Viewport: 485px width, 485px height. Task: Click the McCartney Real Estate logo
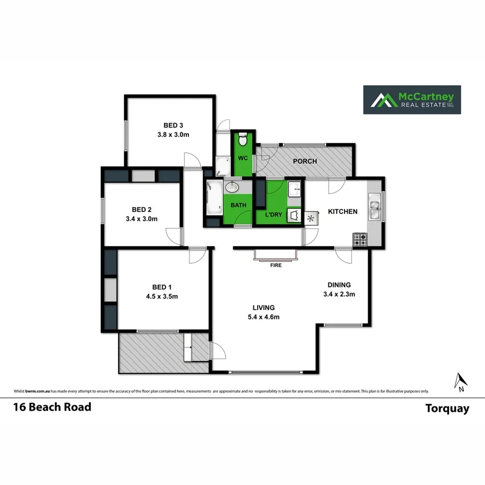tap(412, 99)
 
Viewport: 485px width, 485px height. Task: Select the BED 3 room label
tap(173, 125)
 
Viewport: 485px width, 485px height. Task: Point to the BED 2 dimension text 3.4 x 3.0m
tap(142, 219)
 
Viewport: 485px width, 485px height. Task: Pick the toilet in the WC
tap(242, 140)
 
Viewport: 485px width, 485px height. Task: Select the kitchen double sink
tap(375, 207)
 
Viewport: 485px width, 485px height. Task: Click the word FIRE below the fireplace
tap(276, 265)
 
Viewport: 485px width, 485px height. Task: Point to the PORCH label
tap(305, 161)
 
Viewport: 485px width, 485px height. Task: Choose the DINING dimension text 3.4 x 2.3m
tap(339, 295)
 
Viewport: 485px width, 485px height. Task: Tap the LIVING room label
tap(263, 308)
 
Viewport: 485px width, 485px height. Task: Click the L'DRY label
tap(274, 215)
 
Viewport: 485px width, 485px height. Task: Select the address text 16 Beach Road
tap(52, 407)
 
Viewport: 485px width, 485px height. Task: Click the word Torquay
tap(447, 409)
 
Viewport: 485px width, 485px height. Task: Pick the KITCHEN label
tap(342, 211)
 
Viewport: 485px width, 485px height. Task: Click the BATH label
tap(238, 205)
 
